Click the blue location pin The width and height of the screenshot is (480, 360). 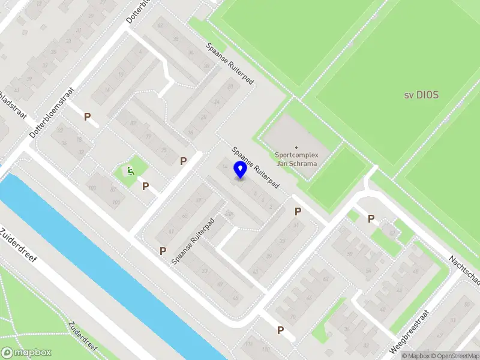[x=240, y=169]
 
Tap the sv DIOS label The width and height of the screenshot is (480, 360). [x=421, y=95]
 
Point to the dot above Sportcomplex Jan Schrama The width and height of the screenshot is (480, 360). [x=296, y=147]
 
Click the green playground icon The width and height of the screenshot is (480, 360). [x=130, y=171]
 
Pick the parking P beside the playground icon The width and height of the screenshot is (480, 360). [x=145, y=187]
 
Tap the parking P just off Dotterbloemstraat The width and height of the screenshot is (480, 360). [x=88, y=117]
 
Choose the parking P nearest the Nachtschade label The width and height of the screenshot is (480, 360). [x=371, y=219]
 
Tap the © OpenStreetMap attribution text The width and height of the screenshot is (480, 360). [x=455, y=356]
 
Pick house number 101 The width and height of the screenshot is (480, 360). [x=116, y=203]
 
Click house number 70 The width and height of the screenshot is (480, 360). [x=292, y=317]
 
